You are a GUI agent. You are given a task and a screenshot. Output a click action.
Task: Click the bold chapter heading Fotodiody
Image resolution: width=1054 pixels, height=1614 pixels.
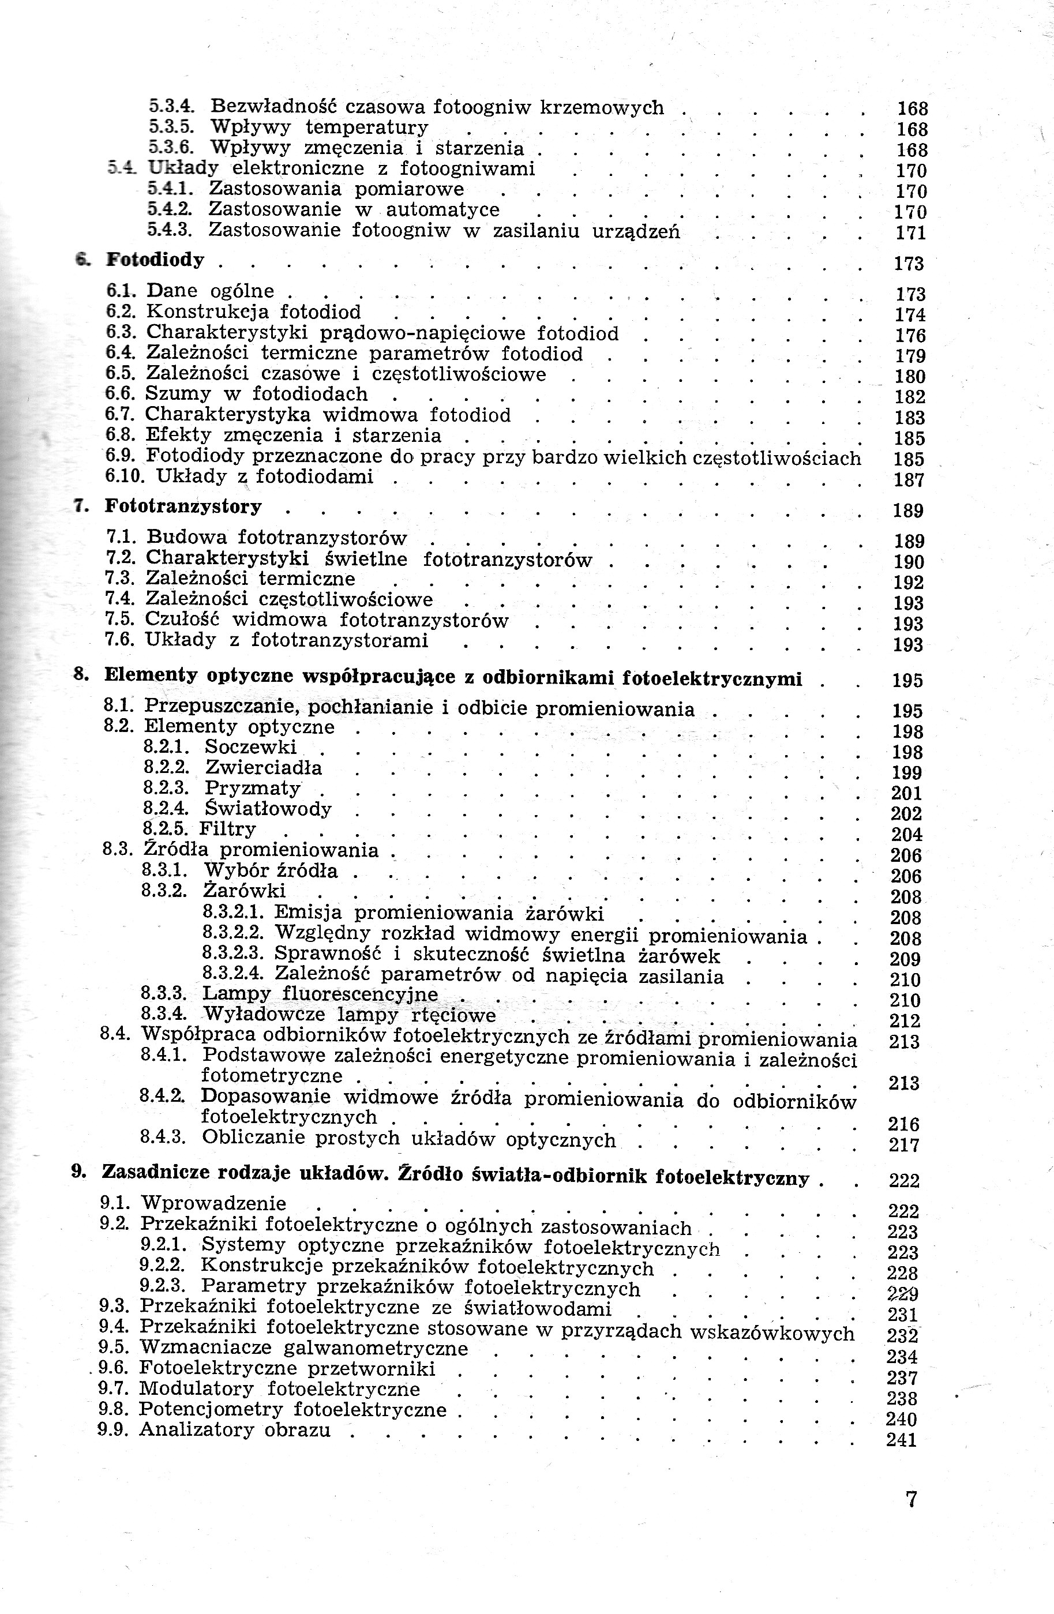[155, 260]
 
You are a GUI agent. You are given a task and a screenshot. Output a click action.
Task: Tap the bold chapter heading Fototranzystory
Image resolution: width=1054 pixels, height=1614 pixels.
[183, 506]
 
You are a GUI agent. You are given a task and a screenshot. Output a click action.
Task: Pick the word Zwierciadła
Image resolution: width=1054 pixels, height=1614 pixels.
[263, 768]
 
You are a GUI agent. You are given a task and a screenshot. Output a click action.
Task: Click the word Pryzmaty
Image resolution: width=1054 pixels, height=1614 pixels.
[252, 788]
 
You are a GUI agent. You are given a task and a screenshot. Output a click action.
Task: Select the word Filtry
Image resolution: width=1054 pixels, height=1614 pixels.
[227, 829]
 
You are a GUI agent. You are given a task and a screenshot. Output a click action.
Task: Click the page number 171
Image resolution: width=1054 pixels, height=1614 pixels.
[910, 232]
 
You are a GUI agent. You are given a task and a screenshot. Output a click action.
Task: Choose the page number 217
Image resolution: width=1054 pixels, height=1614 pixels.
[903, 1146]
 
